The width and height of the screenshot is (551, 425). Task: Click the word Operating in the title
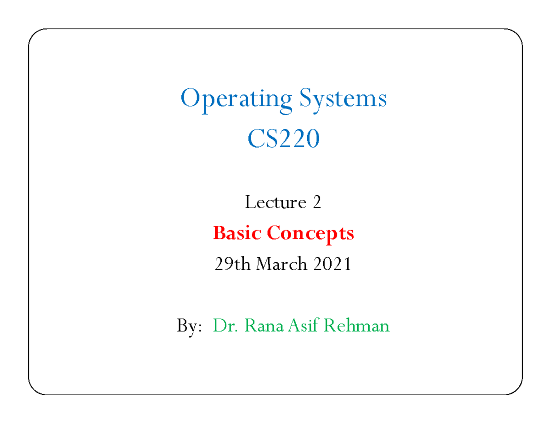click(236, 100)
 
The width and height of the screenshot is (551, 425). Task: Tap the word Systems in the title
click(343, 99)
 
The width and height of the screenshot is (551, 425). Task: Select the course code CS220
click(283, 138)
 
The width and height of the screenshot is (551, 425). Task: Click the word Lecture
click(275, 202)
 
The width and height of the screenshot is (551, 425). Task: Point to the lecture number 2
click(317, 202)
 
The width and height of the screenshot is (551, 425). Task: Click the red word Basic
click(237, 232)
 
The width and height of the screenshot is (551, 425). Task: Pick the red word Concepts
click(310, 234)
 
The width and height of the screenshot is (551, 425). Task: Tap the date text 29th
click(232, 264)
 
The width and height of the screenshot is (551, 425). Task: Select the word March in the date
click(281, 264)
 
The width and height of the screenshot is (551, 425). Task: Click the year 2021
click(332, 264)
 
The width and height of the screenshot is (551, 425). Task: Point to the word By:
click(189, 326)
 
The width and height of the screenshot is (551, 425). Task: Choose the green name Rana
click(264, 325)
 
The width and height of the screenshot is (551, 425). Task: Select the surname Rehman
click(356, 325)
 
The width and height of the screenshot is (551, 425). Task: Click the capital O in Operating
click(191, 98)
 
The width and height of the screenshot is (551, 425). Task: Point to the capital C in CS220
click(257, 138)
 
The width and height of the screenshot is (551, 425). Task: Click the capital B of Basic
click(219, 232)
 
